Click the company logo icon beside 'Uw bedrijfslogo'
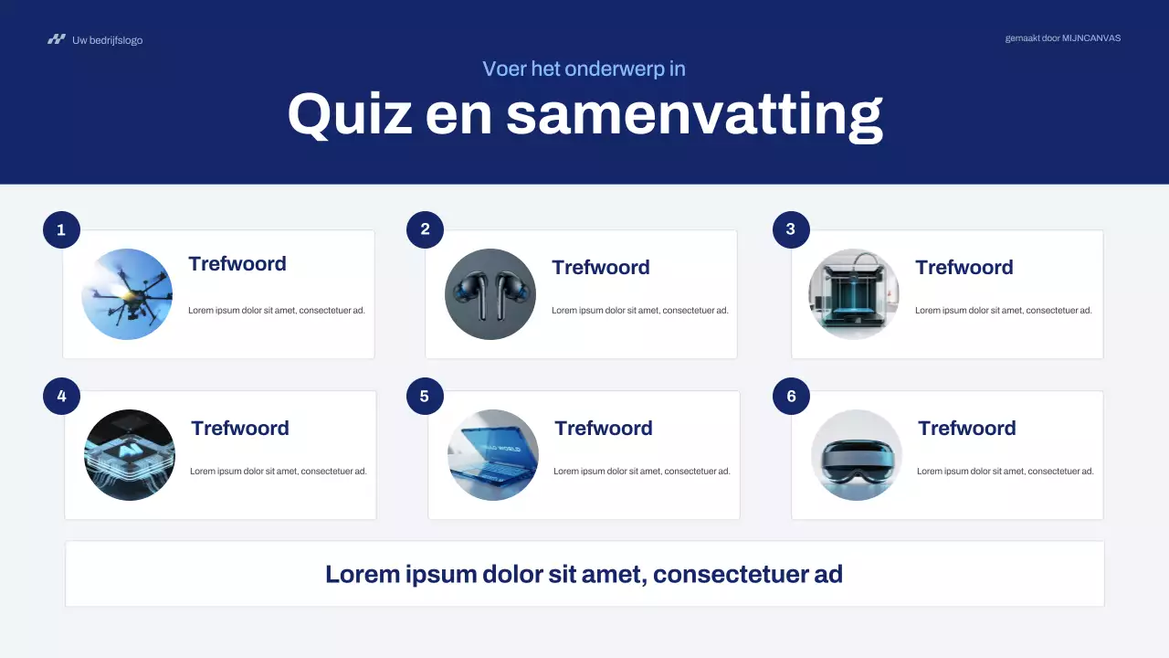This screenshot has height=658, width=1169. [x=57, y=39]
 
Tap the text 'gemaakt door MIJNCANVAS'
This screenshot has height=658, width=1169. [x=1062, y=38]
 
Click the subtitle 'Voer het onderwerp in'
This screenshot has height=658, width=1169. [x=584, y=69]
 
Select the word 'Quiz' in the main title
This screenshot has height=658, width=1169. [x=349, y=114]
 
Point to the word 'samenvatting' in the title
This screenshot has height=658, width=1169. [x=694, y=114]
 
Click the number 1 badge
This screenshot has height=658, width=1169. [x=61, y=229]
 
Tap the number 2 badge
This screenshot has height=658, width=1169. [x=425, y=229]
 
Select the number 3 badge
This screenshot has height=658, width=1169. [x=791, y=229]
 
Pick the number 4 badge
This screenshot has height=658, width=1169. [x=61, y=396]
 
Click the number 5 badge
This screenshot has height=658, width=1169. [x=425, y=396]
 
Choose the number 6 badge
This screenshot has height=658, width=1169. [x=791, y=396]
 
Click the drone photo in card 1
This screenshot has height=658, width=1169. [x=127, y=294]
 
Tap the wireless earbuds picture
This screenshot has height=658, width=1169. [x=490, y=294]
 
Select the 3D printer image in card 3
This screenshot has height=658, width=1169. [x=854, y=294]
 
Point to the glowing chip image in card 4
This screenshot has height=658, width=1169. [x=129, y=455]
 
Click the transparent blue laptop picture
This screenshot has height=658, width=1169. [x=493, y=455]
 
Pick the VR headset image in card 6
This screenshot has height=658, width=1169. [x=857, y=455]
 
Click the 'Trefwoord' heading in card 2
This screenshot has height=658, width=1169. [x=601, y=267]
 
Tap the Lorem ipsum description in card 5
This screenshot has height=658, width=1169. [x=641, y=472]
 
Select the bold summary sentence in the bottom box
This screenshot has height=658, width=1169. [x=584, y=574]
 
